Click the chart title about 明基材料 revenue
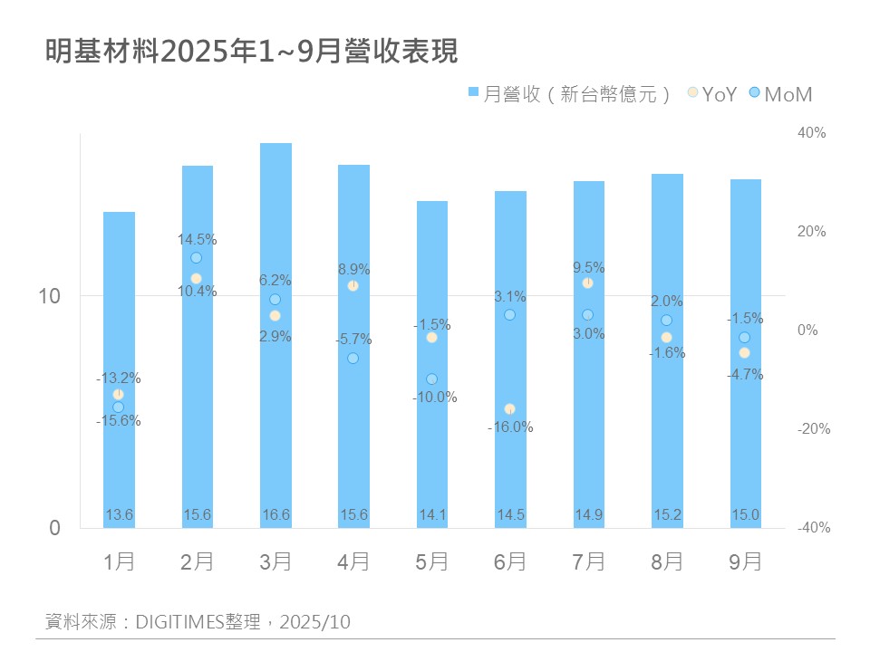(252, 52)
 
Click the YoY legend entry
(712, 93)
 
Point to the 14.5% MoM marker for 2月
(197, 258)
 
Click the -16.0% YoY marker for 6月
(509, 409)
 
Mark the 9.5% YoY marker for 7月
(587, 283)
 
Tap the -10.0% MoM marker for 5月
(431, 379)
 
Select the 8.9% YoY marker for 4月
(353, 286)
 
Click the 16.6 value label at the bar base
(275, 514)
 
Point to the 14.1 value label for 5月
(431, 514)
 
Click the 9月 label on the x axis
(745, 561)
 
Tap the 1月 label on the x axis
(119, 561)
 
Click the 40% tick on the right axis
(811, 132)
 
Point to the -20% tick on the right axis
(811, 429)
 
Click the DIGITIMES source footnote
(198, 622)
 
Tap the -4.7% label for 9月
(745, 374)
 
